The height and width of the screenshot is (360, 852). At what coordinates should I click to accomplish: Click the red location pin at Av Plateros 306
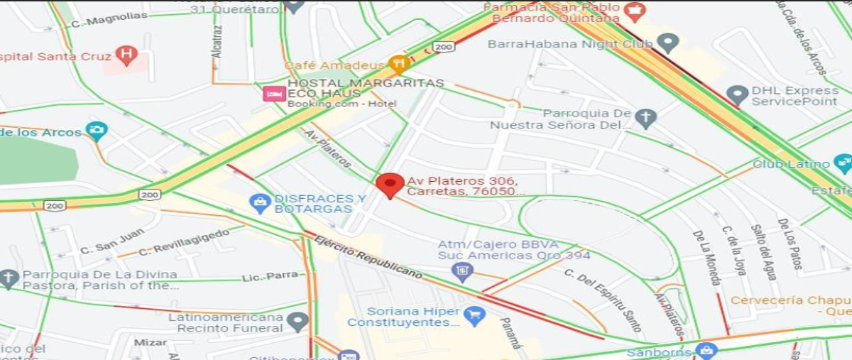coord(390,185)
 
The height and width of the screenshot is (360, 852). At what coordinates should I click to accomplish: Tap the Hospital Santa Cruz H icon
coord(126,54)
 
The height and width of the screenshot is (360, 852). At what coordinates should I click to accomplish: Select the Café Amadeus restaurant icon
coord(399,65)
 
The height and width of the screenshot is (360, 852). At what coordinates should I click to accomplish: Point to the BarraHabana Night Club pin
coord(667,43)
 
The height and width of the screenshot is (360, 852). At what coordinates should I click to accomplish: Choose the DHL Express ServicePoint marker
coord(738,95)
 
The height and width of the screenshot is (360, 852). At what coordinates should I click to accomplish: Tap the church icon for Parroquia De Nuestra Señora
coord(645,118)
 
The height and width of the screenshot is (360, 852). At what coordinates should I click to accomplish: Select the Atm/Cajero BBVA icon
coord(462,271)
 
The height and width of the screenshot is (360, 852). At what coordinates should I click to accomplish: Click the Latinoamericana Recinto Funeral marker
coord(297,322)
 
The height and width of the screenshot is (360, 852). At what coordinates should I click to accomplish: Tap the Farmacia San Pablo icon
coord(635,10)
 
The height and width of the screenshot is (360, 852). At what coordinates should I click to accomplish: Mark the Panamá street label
coord(510,332)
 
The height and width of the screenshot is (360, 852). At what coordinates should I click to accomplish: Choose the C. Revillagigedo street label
coord(184,241)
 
